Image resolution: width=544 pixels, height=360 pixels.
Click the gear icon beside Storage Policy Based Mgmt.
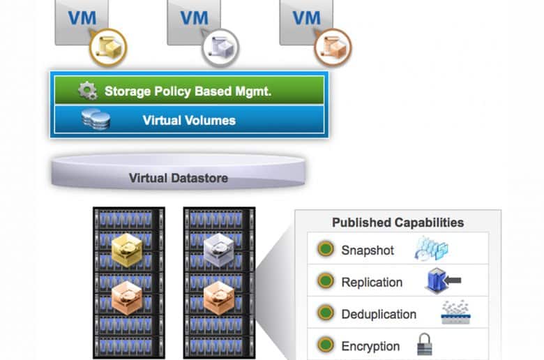click(88, 91)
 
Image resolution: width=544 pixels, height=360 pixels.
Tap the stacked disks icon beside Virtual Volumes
click(96, 119)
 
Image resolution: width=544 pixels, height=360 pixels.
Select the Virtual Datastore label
click(179, 178)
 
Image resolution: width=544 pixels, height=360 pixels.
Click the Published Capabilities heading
click(398, 223)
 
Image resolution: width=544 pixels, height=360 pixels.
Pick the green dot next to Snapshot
click(326, 249)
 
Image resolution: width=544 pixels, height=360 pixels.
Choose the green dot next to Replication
click(326, 281)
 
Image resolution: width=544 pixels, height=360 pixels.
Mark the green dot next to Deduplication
click(326, 313)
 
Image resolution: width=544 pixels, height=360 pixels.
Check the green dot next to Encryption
click(326, 345)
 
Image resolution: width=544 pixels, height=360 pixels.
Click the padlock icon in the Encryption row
click(424, 345)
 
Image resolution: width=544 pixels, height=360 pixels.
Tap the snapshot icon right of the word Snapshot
click(431, 248)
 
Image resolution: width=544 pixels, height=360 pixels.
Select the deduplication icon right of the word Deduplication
click(455, 312)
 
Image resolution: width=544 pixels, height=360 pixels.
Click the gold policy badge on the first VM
click(108, 48)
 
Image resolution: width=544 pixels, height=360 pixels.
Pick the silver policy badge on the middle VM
click(220, 48)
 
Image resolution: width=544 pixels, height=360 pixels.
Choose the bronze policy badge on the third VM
click(333, 48)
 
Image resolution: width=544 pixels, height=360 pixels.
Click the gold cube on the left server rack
click(127, 250)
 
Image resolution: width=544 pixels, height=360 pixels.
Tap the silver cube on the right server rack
click(219, 250)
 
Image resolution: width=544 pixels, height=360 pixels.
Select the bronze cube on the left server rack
click(127, 298)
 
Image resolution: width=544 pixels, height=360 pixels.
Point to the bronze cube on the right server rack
click(219, 298)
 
